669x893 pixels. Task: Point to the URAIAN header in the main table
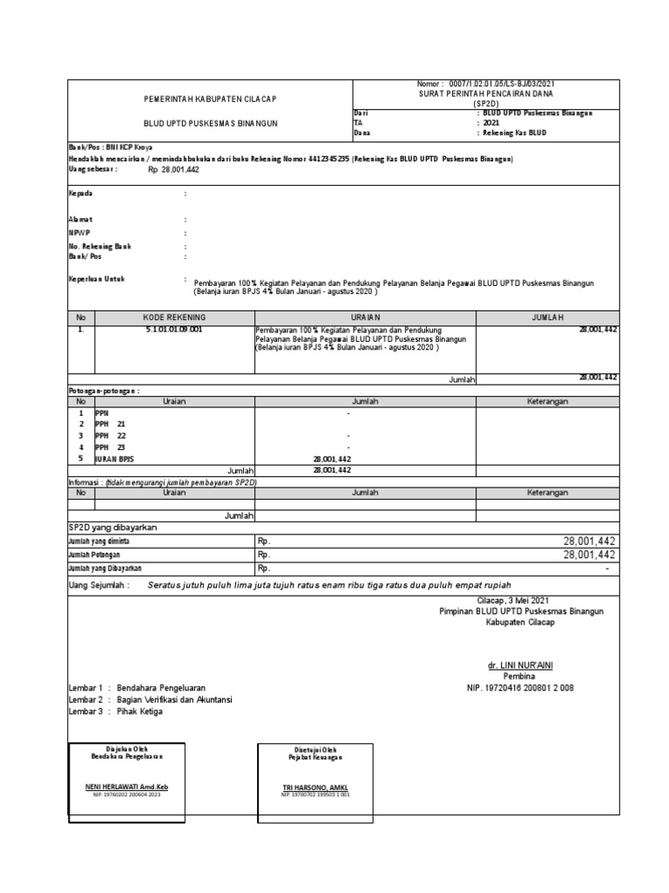363,317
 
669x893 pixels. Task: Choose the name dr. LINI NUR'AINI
520,665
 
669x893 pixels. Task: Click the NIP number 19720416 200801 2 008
521,687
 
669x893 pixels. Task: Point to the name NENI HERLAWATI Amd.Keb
127,787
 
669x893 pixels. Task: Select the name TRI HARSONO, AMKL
315,787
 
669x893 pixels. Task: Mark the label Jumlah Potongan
94,555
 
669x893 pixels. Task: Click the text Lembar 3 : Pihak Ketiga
115,711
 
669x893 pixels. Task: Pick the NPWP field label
79,234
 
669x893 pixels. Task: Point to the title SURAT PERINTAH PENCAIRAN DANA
486,92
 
